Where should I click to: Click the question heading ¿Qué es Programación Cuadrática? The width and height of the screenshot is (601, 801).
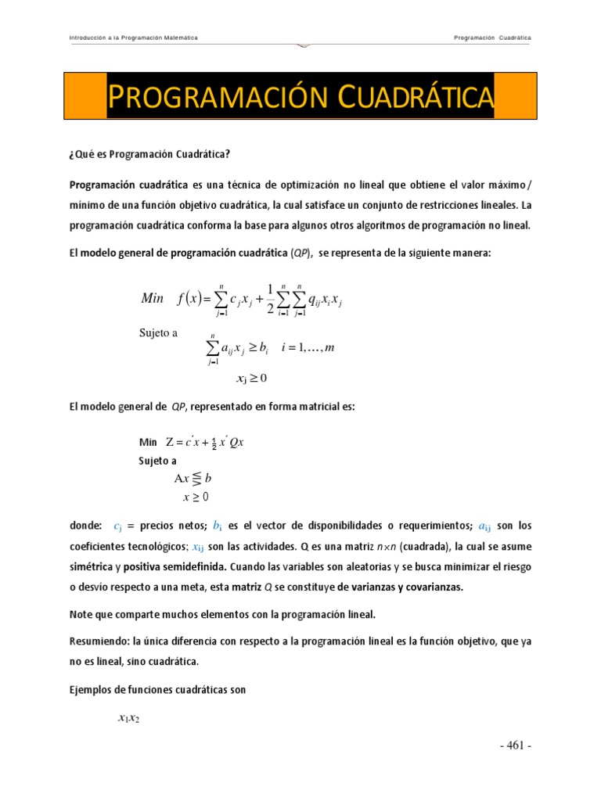149,154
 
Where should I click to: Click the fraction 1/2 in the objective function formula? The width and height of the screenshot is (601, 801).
270,298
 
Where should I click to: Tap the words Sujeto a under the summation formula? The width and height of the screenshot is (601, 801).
158,332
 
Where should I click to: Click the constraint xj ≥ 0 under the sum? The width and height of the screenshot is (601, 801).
251,379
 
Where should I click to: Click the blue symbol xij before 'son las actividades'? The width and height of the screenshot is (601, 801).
192,547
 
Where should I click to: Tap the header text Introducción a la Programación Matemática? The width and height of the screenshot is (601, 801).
133,38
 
